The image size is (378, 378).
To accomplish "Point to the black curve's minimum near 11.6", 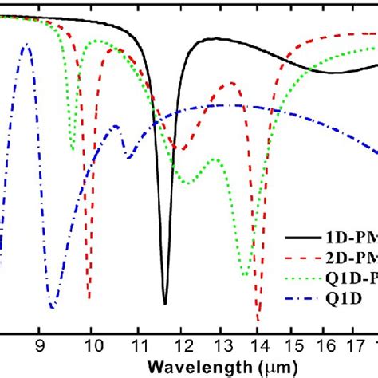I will click(165, 304).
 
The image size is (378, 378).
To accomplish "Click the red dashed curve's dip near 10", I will click(89, 298).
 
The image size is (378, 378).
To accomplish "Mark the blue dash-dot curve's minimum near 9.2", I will click(53, 307).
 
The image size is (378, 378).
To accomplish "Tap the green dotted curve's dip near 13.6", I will click(245, 275).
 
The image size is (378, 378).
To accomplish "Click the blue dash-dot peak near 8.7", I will click(27, 45).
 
